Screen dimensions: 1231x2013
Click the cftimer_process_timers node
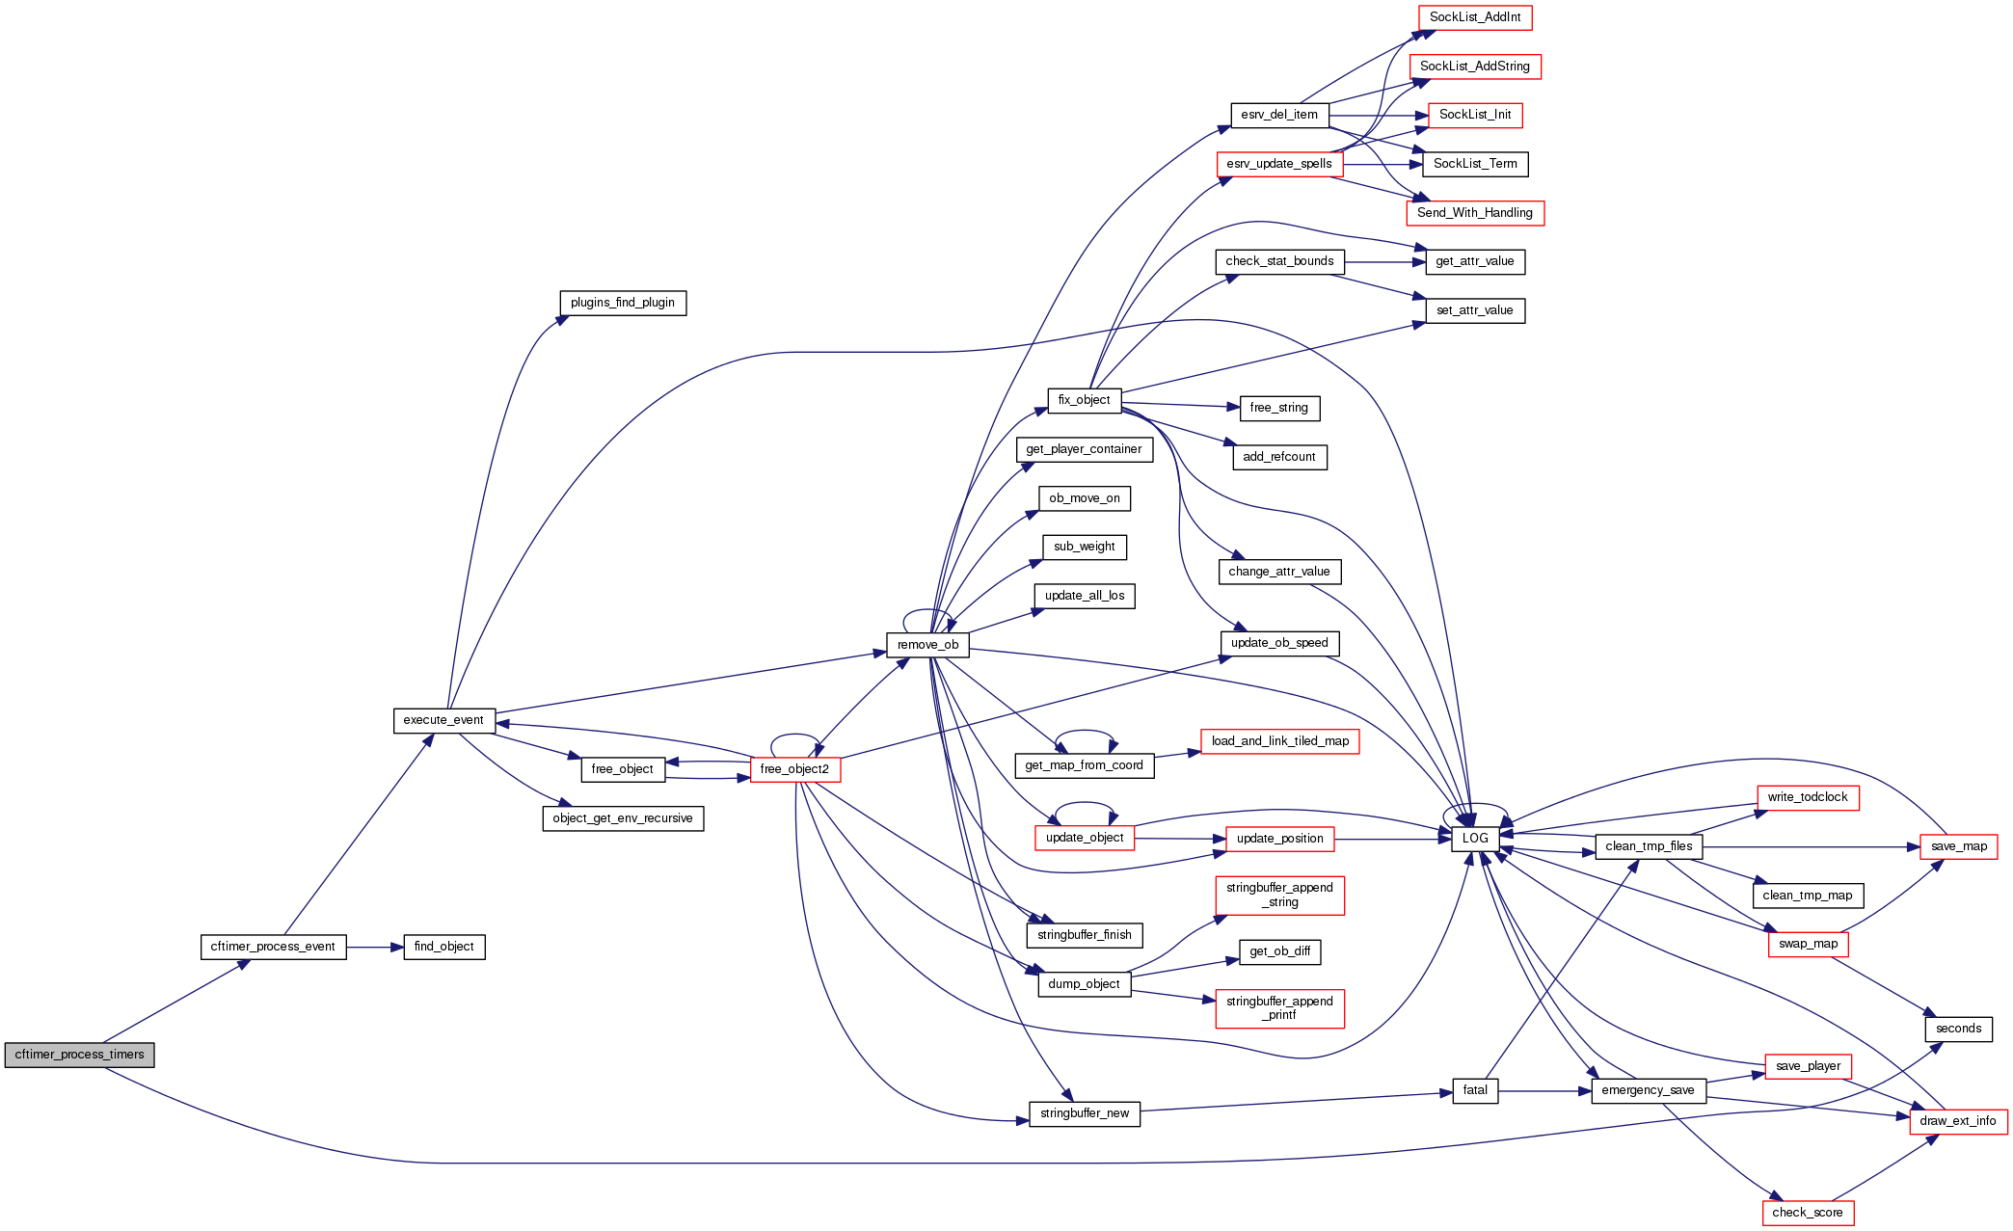pos(79,1055)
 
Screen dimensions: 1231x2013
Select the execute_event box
pos(443,720)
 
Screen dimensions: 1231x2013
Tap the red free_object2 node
pos(794,769)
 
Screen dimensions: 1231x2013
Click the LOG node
pos(1475,839)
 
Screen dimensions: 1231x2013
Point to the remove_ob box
pos(927,645)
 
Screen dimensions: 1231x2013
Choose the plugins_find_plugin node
pos(623,303)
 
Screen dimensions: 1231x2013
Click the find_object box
pos(443,947)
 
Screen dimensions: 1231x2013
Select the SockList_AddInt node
pos(1475,17)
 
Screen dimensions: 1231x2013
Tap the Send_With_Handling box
pos(1475,213)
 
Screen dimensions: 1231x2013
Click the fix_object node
pos(1084,400)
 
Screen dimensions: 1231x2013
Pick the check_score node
pos(1807,1213)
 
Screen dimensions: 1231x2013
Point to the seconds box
pos(1958,1029)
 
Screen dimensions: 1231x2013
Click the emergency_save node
pos(1648,1090)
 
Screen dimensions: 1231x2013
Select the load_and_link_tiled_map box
pos(1280,741)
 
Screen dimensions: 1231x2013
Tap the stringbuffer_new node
pos(1085,1113)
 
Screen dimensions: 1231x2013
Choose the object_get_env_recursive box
pos(623,818)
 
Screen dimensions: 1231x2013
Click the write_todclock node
pos(1808,797)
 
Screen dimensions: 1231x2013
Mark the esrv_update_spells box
pos(1279,164)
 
